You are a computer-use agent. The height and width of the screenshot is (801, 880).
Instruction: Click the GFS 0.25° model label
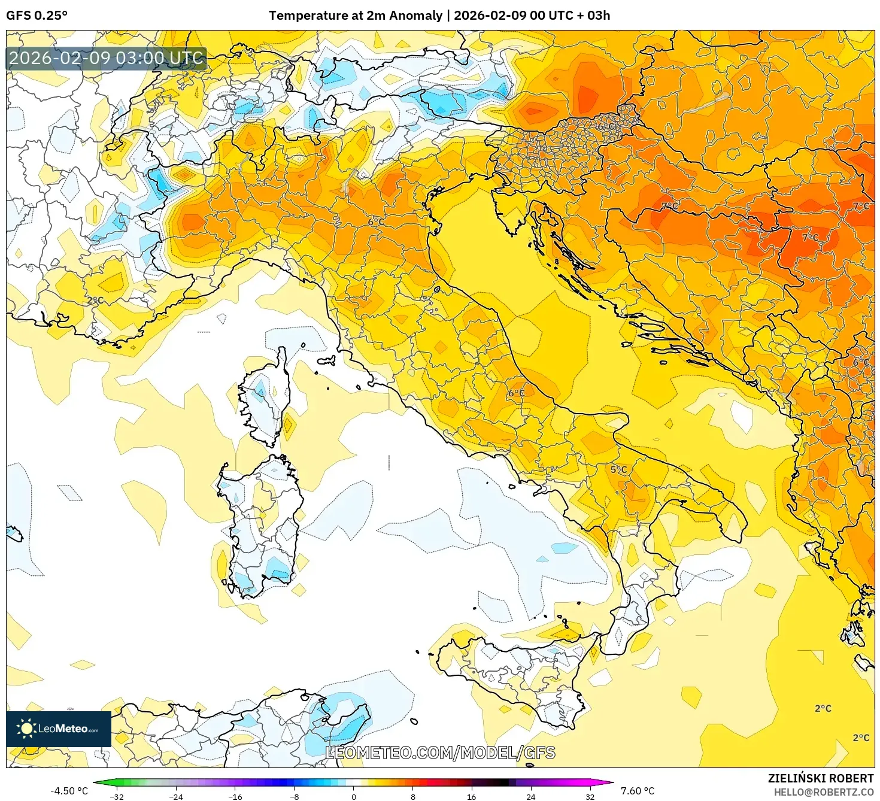[x=37, y=16]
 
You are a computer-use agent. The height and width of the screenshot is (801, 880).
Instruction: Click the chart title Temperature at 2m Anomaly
[x=356, y=16]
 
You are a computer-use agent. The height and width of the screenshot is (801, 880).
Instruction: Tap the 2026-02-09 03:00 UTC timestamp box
[x=107, y=59]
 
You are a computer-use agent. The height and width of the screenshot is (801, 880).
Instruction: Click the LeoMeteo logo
[x=59, y=729]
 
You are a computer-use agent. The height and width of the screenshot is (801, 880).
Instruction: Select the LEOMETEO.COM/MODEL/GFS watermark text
[x=440, y=753]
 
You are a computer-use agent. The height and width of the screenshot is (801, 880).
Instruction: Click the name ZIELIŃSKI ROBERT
[x=820, y=778]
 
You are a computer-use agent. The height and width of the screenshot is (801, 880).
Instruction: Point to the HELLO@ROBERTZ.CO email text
[x=823, y=792]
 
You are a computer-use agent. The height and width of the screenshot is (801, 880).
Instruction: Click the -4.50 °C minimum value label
[x=69, y=791]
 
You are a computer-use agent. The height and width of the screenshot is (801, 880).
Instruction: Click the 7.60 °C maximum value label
[x=637, y=791]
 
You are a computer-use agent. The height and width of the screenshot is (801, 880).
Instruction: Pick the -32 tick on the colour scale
[x=117, y=796]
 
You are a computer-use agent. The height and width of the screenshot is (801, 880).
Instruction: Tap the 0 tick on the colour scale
[x=353, y=796]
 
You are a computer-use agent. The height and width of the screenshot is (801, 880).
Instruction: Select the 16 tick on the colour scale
[x=471, y=796]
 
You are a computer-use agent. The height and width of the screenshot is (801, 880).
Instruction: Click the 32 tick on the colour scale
[x=590, y=796]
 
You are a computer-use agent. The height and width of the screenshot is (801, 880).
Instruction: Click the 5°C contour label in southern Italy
[x=618, y=470]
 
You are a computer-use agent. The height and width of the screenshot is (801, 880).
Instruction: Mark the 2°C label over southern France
[x=95, y=300]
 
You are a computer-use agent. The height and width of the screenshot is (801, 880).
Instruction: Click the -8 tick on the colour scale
[x=294, y=796]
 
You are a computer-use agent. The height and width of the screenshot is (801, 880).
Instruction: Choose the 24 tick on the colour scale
[x=530, y=796]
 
